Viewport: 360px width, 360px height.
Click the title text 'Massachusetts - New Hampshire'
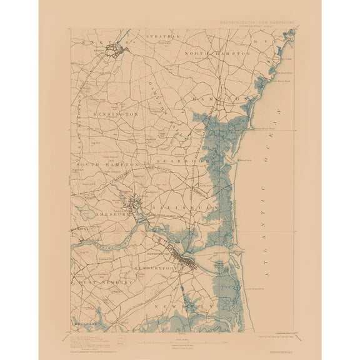click(x=257, y=22)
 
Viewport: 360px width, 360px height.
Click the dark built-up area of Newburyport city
click(x=186, y=257)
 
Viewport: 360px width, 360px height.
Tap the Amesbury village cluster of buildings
click(x=134, y=204)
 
